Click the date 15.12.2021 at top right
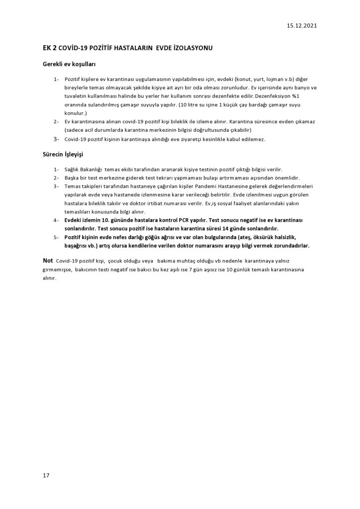[x=301, y=25]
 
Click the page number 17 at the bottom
[x=46, y=476]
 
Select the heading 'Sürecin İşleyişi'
[x=63, y=155]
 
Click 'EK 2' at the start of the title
[x=49, y=47]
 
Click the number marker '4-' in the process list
[x=56, y=220]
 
